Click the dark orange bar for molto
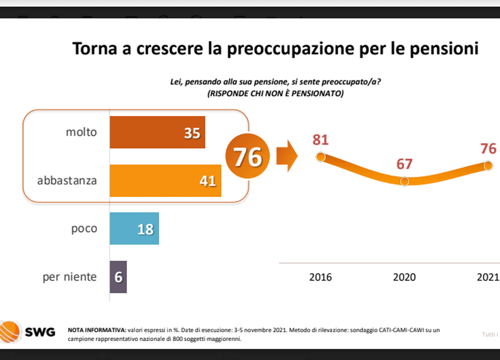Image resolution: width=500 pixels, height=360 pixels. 157,132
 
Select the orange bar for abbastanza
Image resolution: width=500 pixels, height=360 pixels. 165,180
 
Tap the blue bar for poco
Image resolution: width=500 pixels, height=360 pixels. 134,229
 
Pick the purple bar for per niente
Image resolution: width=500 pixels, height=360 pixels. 118,277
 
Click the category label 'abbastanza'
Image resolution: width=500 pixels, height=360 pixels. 67,181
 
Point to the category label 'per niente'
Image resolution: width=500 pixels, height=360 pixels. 70,277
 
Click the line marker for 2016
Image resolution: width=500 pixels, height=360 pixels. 320,157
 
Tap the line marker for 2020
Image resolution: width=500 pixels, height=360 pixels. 404,181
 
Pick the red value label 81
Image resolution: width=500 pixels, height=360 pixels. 320,140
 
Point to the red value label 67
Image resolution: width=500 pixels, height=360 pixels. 404,164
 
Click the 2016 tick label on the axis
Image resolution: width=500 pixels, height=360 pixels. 320,277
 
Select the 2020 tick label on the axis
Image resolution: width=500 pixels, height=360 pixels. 404,277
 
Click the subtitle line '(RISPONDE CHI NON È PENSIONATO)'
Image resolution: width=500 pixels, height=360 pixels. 275,94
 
